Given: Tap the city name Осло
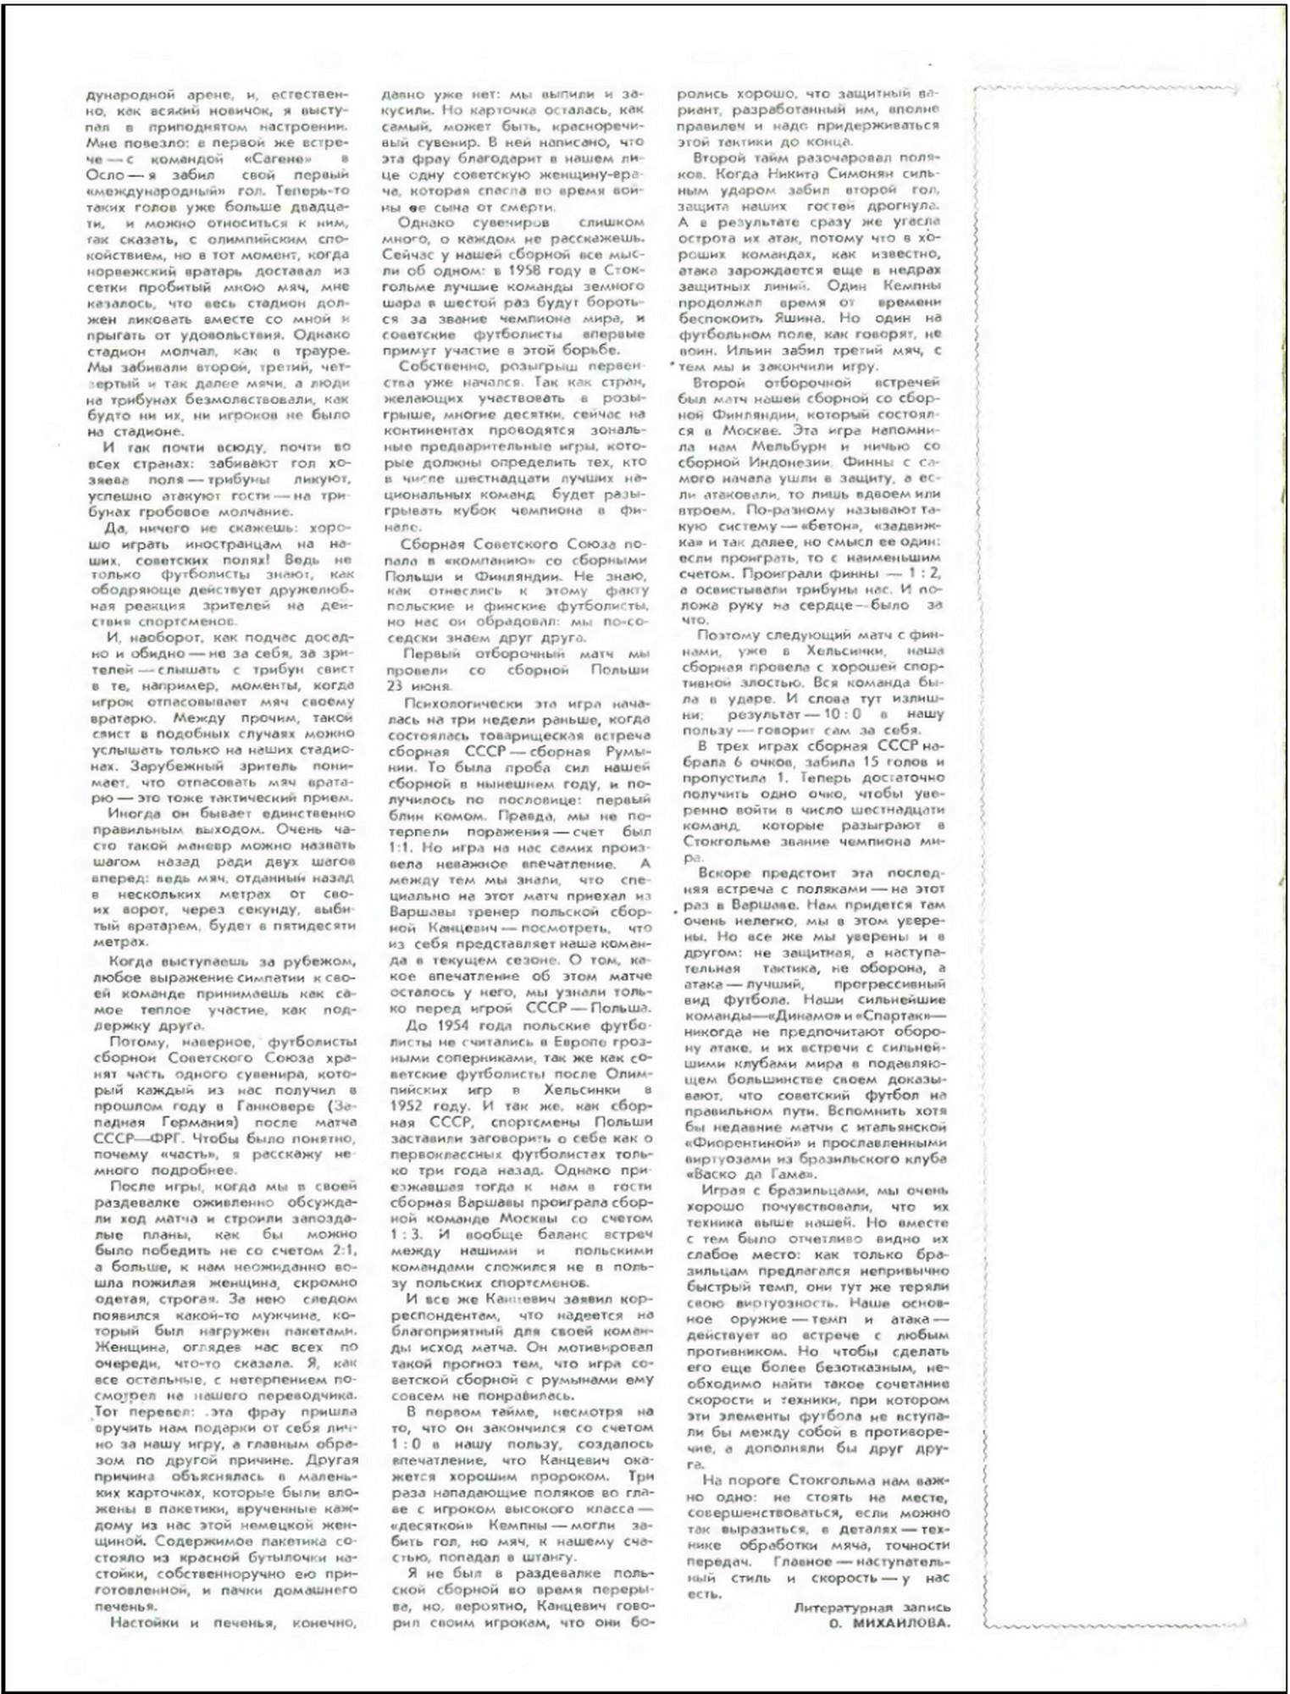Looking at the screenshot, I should (x=107, y=174).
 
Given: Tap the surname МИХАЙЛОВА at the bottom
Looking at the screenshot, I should (x=891, y=1623).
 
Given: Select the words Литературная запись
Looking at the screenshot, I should (x=872, y=1607).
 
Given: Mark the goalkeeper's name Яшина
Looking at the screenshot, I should (x=812, y=318).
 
